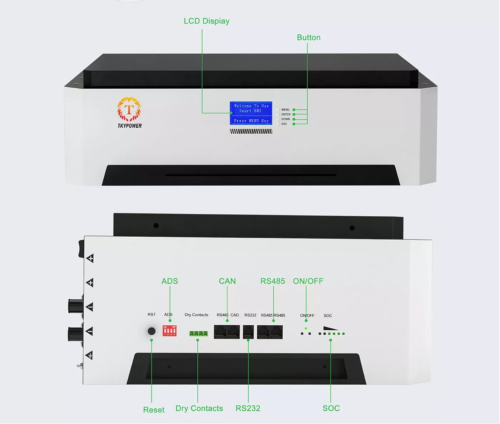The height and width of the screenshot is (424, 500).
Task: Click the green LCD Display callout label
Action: tap(207, 21)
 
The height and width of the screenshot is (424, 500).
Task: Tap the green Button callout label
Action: tap(308, 38)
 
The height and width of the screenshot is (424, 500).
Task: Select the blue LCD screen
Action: tap(251, 113)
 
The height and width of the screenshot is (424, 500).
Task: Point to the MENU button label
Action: tap(285, 110)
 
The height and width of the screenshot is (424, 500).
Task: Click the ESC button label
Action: tap(284, 124)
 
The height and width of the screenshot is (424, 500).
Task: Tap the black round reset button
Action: tap(152, 331)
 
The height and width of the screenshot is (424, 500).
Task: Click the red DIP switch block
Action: tap(169, 331)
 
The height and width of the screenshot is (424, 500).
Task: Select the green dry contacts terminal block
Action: tap(198, 334)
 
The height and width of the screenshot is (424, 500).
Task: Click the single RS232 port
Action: tap(248, 332)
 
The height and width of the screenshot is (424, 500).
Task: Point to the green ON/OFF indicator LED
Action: tap(306, 328)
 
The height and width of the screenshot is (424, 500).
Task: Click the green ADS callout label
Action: tap(170, 281)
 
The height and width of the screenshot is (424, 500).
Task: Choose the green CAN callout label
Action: tap(227, 281)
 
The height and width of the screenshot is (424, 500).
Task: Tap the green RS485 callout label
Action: tap(273, 281)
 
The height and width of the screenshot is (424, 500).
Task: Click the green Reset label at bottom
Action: tap(154, 410)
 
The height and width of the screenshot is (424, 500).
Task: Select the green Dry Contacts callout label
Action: tap(199, 408)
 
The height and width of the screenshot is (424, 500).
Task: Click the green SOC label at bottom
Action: tap(331, 408)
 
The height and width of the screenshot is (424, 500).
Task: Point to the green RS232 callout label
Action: tap(248, 408)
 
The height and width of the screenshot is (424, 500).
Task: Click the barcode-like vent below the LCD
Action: tap(251, 132)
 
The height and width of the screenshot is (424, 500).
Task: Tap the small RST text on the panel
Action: tap(152, 315)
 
